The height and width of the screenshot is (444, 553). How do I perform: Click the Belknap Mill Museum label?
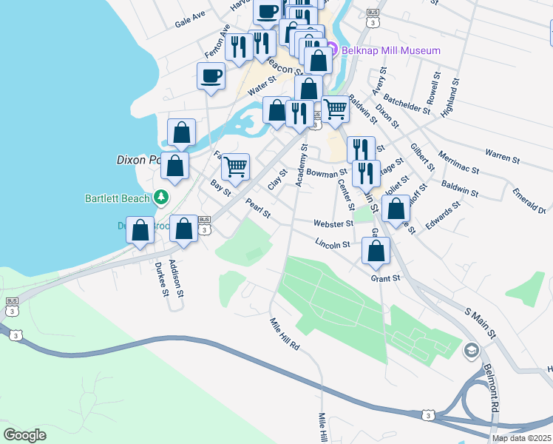click(x=390, y=50)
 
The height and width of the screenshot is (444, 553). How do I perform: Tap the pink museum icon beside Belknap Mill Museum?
click(x=332, y=50)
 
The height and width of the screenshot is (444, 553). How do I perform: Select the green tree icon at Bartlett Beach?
click(x=160, y=198)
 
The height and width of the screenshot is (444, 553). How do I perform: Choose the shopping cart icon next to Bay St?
click(x=235, y=166)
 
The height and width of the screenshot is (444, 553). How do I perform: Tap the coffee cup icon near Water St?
click(x=211, y=75)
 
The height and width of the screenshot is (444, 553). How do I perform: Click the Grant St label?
click(x=385, y=278)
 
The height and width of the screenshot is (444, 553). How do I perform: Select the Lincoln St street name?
click(x=332, y=243)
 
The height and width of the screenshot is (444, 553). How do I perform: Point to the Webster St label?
click(x=333, y=223)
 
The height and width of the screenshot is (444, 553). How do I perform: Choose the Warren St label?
click(x=500, y=154)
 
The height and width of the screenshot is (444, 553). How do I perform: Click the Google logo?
click(x=25, y=435)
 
